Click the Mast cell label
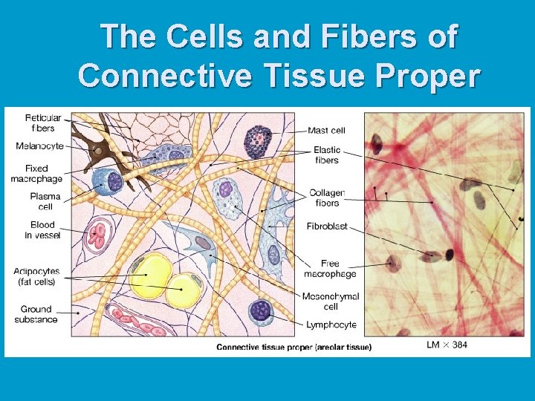326,131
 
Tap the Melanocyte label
39,146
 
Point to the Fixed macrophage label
36,173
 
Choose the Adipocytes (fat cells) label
36,276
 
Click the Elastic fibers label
327,154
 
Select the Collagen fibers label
327,198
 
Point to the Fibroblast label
326,226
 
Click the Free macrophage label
329,268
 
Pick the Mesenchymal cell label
330,301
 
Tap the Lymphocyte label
331,325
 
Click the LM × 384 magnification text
447,345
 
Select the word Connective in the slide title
164,74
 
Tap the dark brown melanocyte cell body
97,151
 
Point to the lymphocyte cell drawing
261,310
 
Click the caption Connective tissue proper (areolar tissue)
294,347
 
